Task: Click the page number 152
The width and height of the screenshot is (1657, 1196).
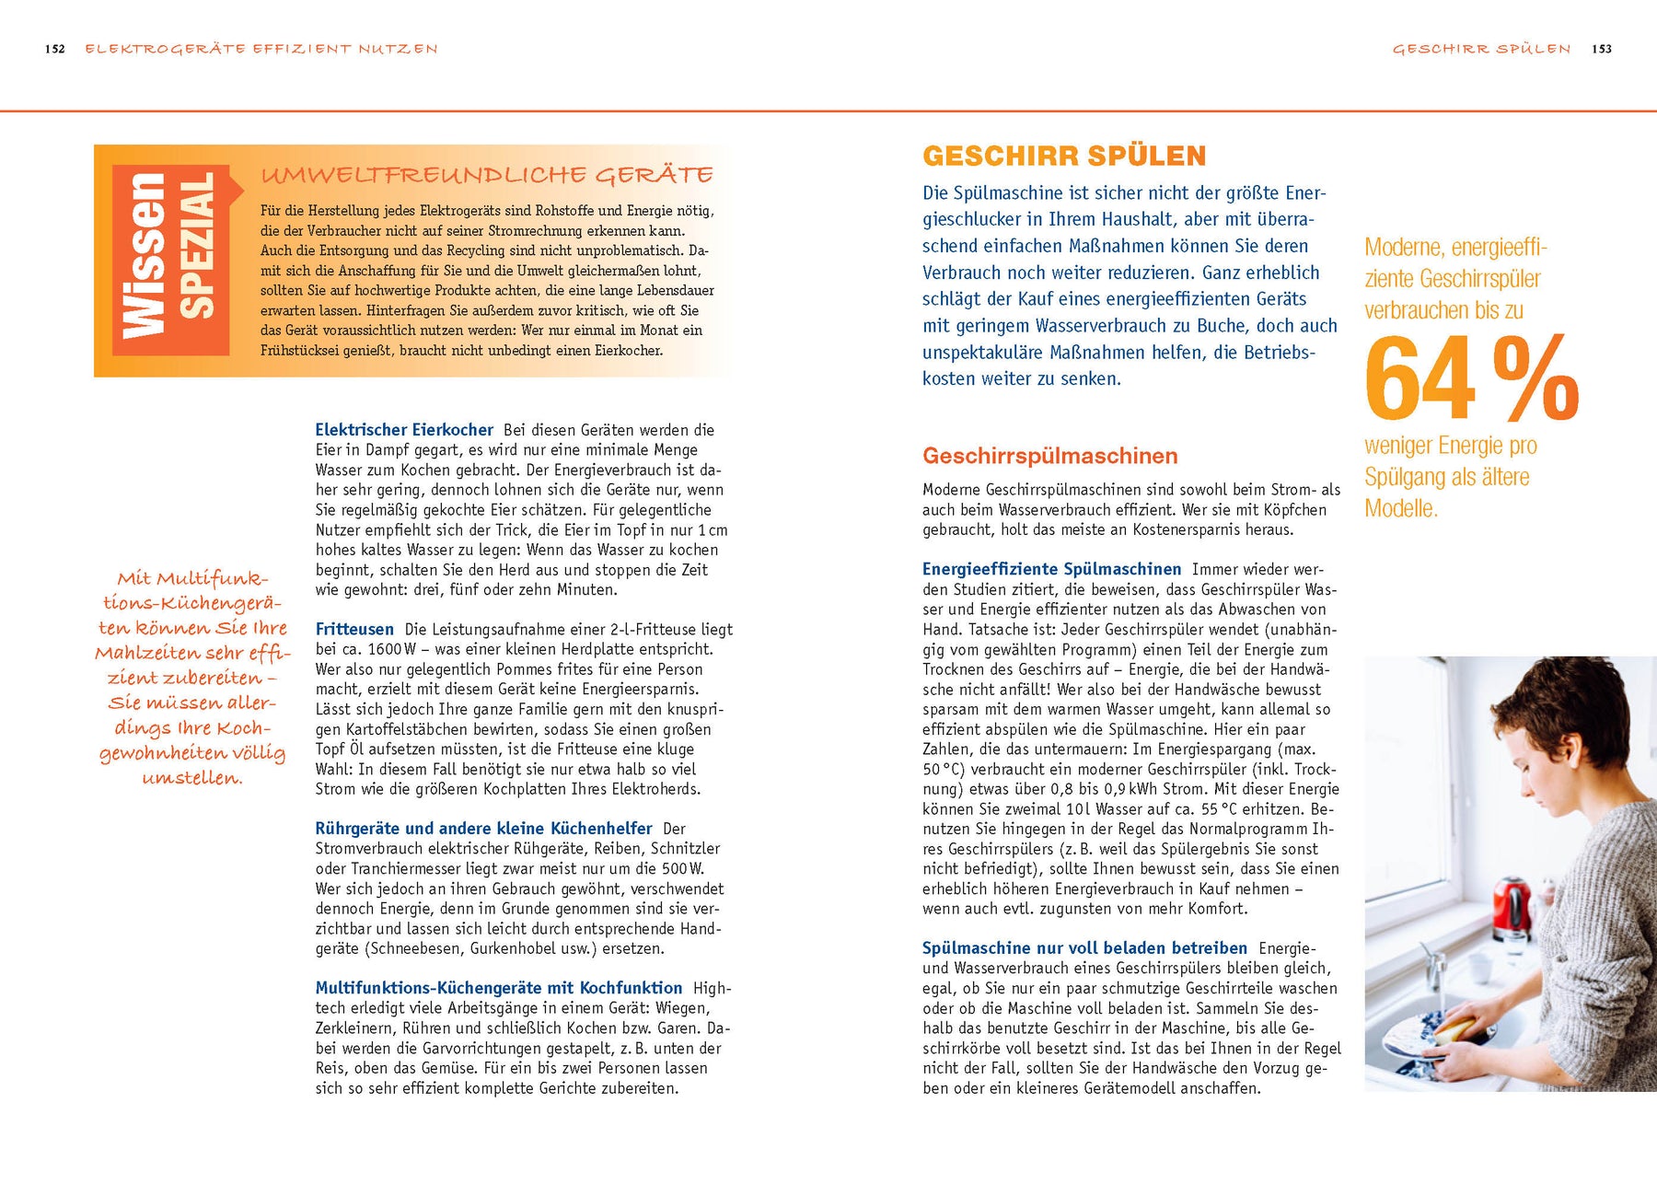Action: (x=55, y=50)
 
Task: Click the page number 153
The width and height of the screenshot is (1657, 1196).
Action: (x=1602, y=50)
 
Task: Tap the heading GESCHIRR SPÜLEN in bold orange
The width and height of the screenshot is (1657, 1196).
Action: (x=1064, y=157)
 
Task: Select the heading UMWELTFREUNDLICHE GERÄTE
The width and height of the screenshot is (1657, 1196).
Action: (x=487, y=175)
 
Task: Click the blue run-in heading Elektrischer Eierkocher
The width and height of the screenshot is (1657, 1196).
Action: (x=404, y=430)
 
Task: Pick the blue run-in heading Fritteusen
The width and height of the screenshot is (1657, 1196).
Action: (x=354, y=630)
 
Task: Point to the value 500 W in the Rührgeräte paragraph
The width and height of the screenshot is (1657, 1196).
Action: (x=676, y=868)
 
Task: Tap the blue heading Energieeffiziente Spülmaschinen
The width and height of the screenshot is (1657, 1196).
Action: (x=1051, y=570)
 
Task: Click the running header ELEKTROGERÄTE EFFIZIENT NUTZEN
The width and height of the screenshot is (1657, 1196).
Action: (x=261, y=50)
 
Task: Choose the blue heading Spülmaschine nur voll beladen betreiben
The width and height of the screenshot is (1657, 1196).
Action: (x=1084, y=948)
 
